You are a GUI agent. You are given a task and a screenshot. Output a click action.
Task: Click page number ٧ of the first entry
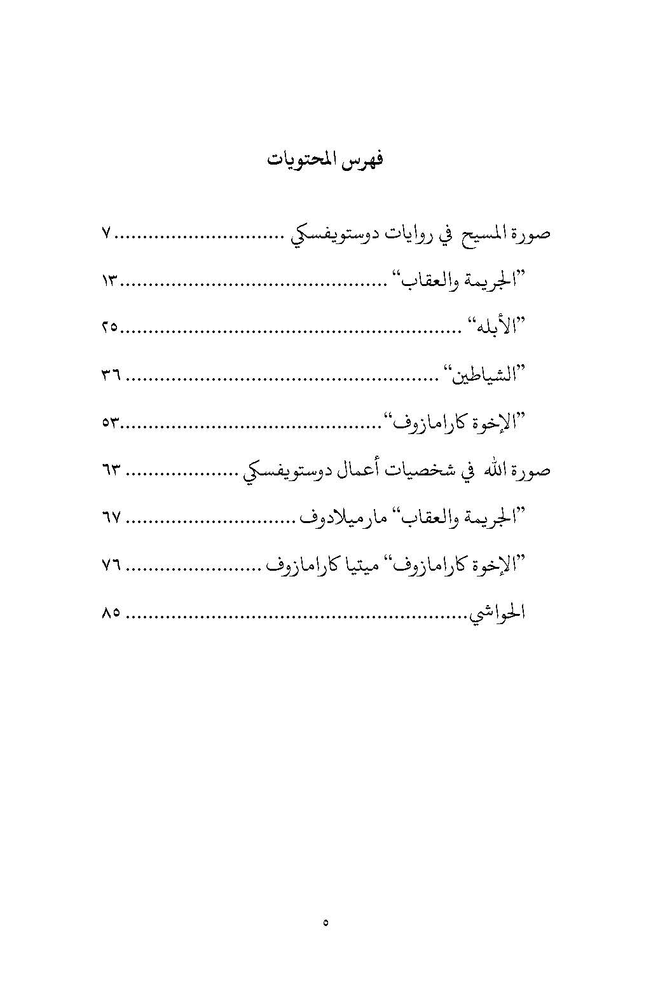click(106, 234)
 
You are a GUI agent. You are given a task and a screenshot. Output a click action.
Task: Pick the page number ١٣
click(111, 281)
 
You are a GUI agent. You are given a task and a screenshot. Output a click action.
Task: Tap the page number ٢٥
click(109, 328)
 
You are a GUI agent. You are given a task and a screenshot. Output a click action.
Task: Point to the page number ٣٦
click(111, 376)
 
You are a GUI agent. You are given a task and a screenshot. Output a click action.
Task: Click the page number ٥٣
click(111, 423)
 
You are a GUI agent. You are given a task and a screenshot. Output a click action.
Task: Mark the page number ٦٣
click(111, 470)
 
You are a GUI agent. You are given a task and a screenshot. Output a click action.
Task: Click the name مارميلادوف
click(343, 518)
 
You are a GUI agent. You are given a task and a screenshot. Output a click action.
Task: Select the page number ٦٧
click(111, 518)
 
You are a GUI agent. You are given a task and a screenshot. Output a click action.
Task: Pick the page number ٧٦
click(111, 565)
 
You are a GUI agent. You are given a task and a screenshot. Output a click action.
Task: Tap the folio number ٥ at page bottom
click(325, 922)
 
